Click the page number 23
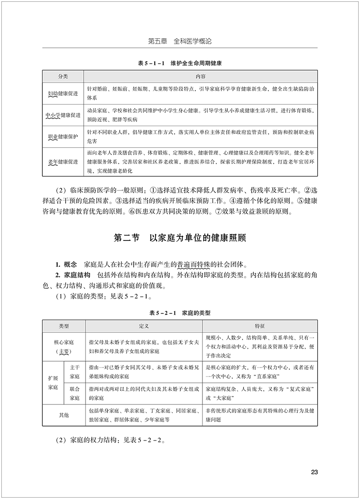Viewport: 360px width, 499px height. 315,472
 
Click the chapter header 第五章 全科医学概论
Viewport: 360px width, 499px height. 180,41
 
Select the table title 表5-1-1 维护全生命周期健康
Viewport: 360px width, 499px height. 180,63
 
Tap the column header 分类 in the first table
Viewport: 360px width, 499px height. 63,77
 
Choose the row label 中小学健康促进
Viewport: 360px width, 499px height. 63,115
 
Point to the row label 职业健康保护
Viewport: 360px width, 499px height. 63,137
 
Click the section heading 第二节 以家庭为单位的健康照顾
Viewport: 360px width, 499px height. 180,238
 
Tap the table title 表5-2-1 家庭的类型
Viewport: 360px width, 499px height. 180,312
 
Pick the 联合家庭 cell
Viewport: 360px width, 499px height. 74,393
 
